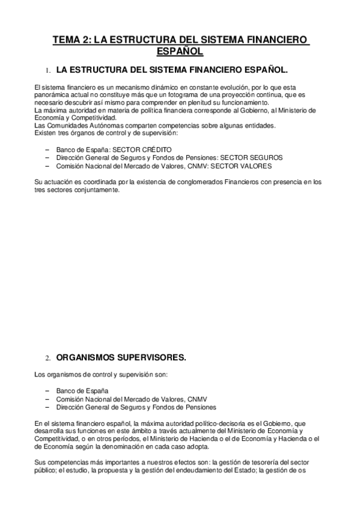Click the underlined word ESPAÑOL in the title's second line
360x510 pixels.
(x=180, y=51)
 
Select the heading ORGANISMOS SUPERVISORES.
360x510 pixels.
(x=121, y=357)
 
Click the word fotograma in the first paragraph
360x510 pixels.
(x=204, y=95)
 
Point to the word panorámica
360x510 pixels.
(x=52, y=95)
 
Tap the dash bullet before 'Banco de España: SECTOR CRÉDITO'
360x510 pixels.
(x=47, y=149)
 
